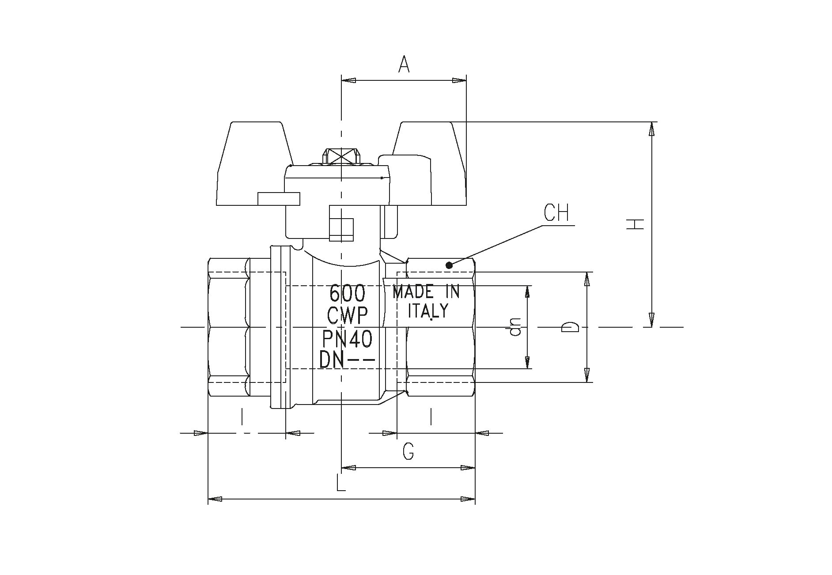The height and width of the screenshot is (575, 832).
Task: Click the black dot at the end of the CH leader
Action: coord(449,265)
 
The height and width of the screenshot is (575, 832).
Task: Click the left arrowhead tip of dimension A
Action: coord(342,80)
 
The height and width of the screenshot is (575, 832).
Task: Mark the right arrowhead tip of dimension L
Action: coord(475,499)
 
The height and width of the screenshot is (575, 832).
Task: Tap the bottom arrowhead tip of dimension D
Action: coord(587,382)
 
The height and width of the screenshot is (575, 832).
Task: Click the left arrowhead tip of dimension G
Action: coord(342,467)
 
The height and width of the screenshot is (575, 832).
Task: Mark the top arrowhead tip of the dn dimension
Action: coord(527,286)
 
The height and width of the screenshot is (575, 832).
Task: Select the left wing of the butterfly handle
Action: coord(255,164)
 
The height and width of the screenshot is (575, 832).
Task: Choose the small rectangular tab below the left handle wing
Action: coord(279,199)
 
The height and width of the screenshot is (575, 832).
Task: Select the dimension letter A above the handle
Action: coord(404,64)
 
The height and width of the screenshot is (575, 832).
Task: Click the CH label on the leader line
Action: coord(556,213)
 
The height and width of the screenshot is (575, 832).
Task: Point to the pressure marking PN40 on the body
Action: coord(347,339)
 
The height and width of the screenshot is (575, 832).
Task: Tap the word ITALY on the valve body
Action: coord(427,310)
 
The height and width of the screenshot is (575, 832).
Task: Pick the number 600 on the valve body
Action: coord(348,292)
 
